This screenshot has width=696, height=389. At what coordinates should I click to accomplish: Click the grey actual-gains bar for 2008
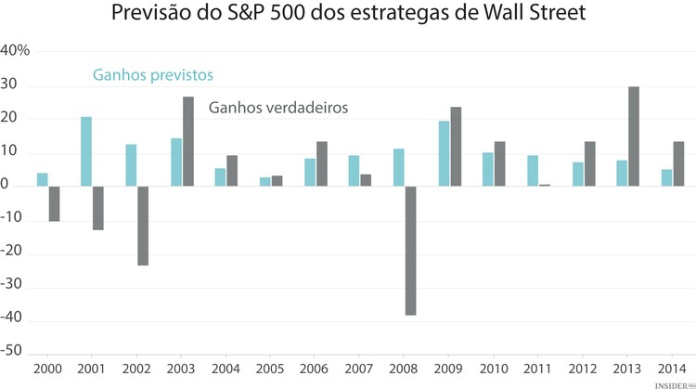pos(410,251)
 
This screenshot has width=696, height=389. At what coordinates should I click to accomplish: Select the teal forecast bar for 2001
pos(86,151)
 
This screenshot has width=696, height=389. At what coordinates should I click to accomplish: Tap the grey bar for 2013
pos(634,136)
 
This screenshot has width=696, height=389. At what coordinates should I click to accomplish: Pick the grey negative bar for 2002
pos(143,226)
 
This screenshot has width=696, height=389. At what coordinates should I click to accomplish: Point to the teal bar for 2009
pos(444,153)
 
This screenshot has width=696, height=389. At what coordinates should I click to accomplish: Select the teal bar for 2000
pos(43,179)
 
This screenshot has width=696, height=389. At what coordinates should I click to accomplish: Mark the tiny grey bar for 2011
pos(545,185)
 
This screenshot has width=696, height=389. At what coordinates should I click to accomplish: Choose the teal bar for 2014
pos(667,177)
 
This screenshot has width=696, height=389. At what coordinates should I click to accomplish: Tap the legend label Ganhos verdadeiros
pos(277,108)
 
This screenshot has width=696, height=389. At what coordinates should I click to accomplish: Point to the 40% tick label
pos(16,51)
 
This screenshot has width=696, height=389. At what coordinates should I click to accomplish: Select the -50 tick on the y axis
pos(12,353)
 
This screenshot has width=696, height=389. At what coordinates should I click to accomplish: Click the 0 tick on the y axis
pos(6,186)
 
